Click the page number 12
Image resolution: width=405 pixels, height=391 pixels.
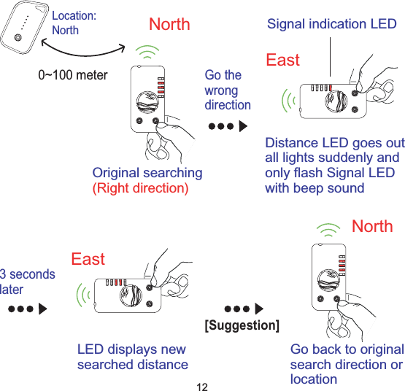click(203, 384)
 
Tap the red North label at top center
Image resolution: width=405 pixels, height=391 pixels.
click(169, 24)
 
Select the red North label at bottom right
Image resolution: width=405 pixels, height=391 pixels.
click(372, 226)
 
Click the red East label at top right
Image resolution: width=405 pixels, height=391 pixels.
click(282, 60)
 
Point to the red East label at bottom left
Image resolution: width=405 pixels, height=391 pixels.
click(88, 259)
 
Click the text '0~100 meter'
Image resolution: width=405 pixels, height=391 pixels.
click(72, 75)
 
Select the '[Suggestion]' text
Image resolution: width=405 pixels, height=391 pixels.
click(242, 325)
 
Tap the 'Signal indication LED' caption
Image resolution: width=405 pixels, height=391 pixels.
click(332, 24)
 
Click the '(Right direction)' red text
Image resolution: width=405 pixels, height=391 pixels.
click(139, 188)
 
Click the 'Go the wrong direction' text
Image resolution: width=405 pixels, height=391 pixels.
click(227, 90)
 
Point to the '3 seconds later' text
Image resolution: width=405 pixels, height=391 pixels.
click(27, 282)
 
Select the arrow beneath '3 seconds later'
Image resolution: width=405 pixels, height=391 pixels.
click(27, 308)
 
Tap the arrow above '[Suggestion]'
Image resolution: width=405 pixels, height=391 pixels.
click(243, 308)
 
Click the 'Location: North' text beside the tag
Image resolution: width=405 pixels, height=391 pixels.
click(74, 23)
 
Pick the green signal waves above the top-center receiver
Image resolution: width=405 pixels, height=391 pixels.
click(148, 52)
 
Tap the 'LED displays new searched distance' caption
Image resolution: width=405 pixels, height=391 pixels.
click(132, 357)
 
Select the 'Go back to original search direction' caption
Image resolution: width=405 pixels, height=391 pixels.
click(346, 364)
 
